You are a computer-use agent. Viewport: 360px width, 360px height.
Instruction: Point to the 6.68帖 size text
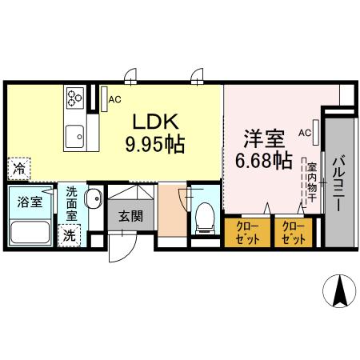point(262,160)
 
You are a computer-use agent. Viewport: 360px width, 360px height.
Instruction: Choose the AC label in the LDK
point(114,100)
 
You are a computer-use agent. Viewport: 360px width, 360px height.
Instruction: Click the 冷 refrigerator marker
point(17,169)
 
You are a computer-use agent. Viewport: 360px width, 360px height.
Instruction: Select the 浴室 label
point(31,201)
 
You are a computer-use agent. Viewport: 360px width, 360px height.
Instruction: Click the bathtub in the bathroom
point(31,233)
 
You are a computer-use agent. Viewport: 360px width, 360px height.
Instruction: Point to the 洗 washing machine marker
point(70,236)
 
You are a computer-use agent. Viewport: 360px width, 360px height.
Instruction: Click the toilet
point(204,217)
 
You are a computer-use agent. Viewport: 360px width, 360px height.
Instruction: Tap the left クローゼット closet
point(247,233)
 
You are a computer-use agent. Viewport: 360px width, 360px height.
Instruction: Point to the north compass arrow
point(338,291)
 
